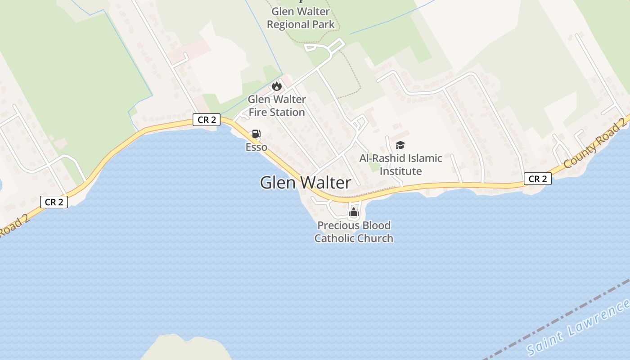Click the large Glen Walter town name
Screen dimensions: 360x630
306,182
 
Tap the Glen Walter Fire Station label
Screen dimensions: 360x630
277,106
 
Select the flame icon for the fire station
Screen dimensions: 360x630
276,85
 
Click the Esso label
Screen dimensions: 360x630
256,147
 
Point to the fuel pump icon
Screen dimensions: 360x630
256,133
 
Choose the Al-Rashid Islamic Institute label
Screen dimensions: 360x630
400,165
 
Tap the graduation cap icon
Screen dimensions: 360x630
400,145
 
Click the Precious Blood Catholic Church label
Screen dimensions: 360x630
354,232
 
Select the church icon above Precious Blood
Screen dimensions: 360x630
354,212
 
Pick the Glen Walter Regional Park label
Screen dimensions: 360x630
301,18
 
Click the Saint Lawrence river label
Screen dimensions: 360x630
578,328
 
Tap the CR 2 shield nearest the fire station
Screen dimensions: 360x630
207,120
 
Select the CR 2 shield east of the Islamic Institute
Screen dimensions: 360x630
537,179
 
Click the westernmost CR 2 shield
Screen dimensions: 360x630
54,202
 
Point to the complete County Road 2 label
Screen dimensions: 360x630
594,143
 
